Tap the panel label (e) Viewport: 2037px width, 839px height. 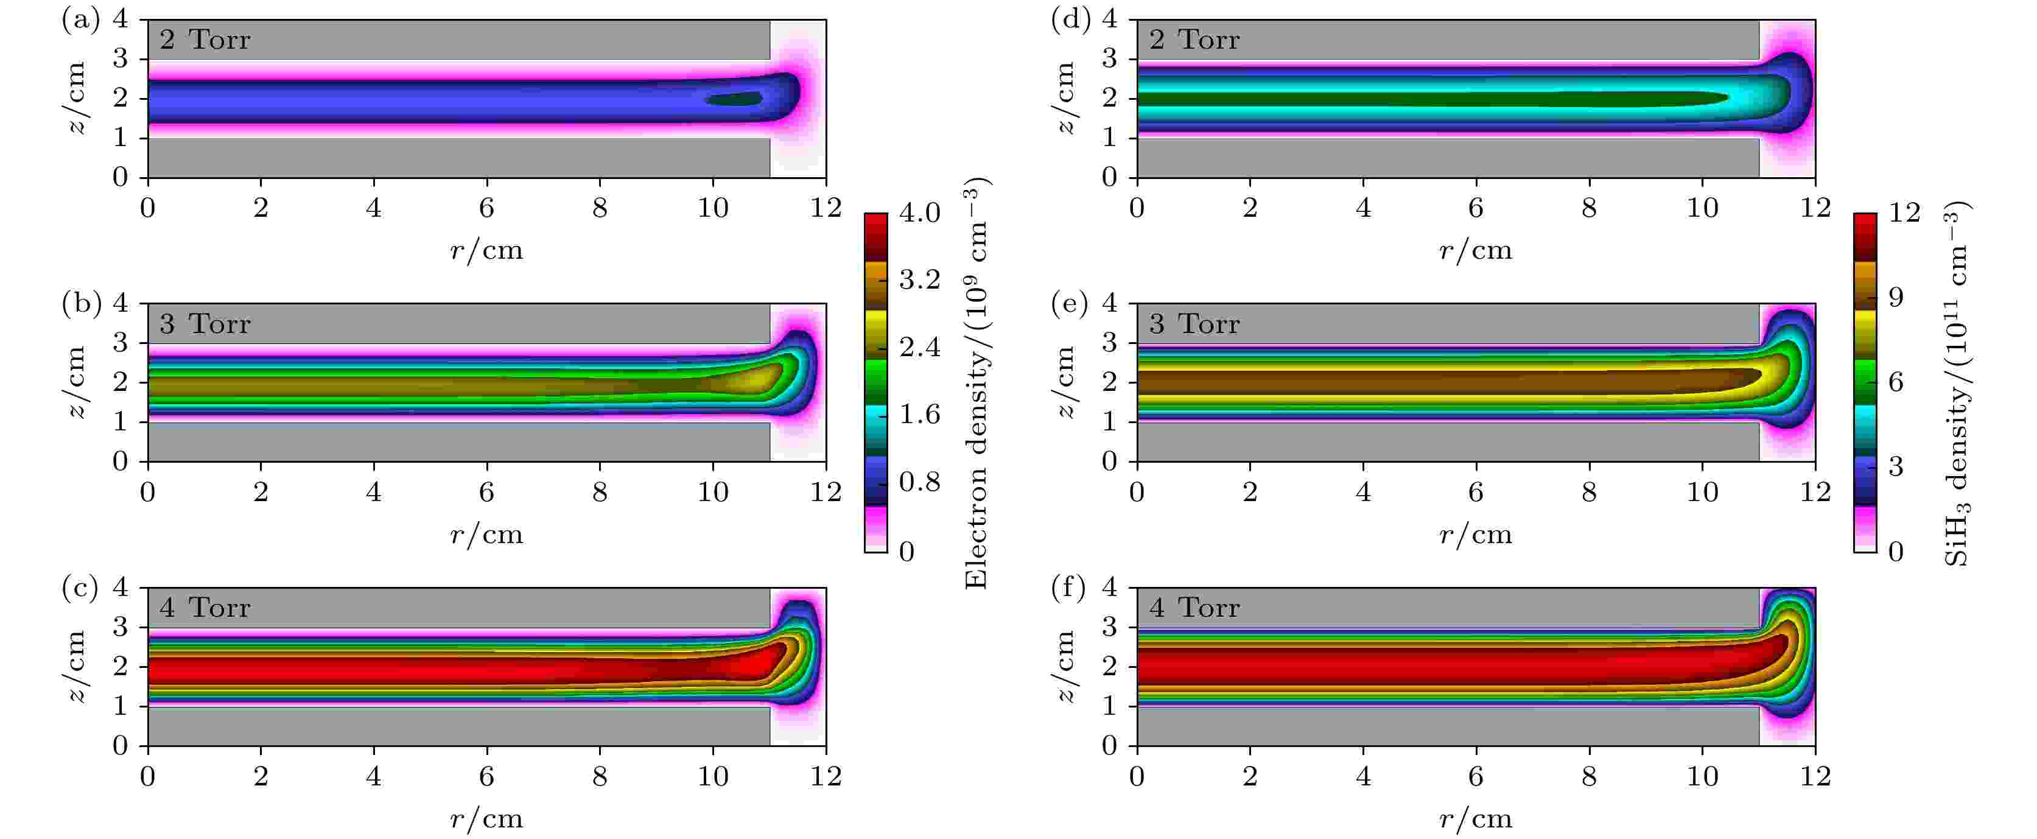(x=1069, y=304)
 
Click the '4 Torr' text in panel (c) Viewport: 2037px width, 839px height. (x=205, y=608)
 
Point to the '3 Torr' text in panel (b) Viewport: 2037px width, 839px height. (x=205, y=324)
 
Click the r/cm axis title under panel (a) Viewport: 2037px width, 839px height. (x=486, y=251)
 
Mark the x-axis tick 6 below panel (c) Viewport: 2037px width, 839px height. (x=486, y=776)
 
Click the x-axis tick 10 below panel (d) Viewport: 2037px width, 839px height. (x=1703, y=208)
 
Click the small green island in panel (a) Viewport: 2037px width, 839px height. (x=734, y=99)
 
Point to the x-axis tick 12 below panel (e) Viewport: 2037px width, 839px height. (x=1815, y=493)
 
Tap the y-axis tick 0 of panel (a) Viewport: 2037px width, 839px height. (x=120, y=177)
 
